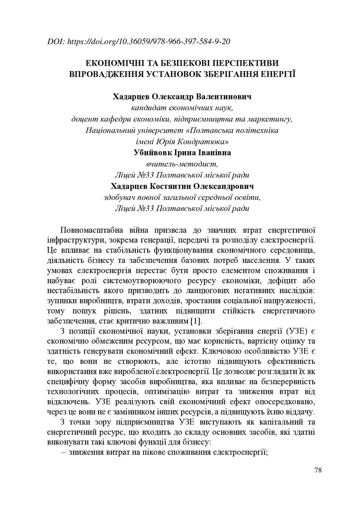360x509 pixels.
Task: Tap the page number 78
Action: (x=319, y=470)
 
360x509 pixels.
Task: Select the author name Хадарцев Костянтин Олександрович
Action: (x=182, y=186)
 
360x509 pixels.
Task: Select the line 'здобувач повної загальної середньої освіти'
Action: (x=182, y=198)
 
